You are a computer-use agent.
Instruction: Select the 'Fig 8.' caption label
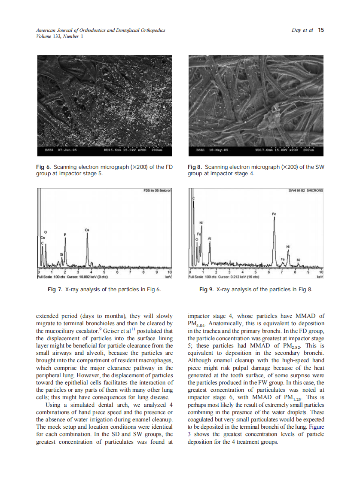[x=195, y=167]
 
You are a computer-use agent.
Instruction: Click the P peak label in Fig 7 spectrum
[x=65, y=234]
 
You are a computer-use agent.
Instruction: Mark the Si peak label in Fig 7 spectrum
[x=61, y=254]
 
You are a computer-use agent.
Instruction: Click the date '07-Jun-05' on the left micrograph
[x=67, y=151]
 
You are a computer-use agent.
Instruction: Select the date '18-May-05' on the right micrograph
[x=218, y=151]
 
